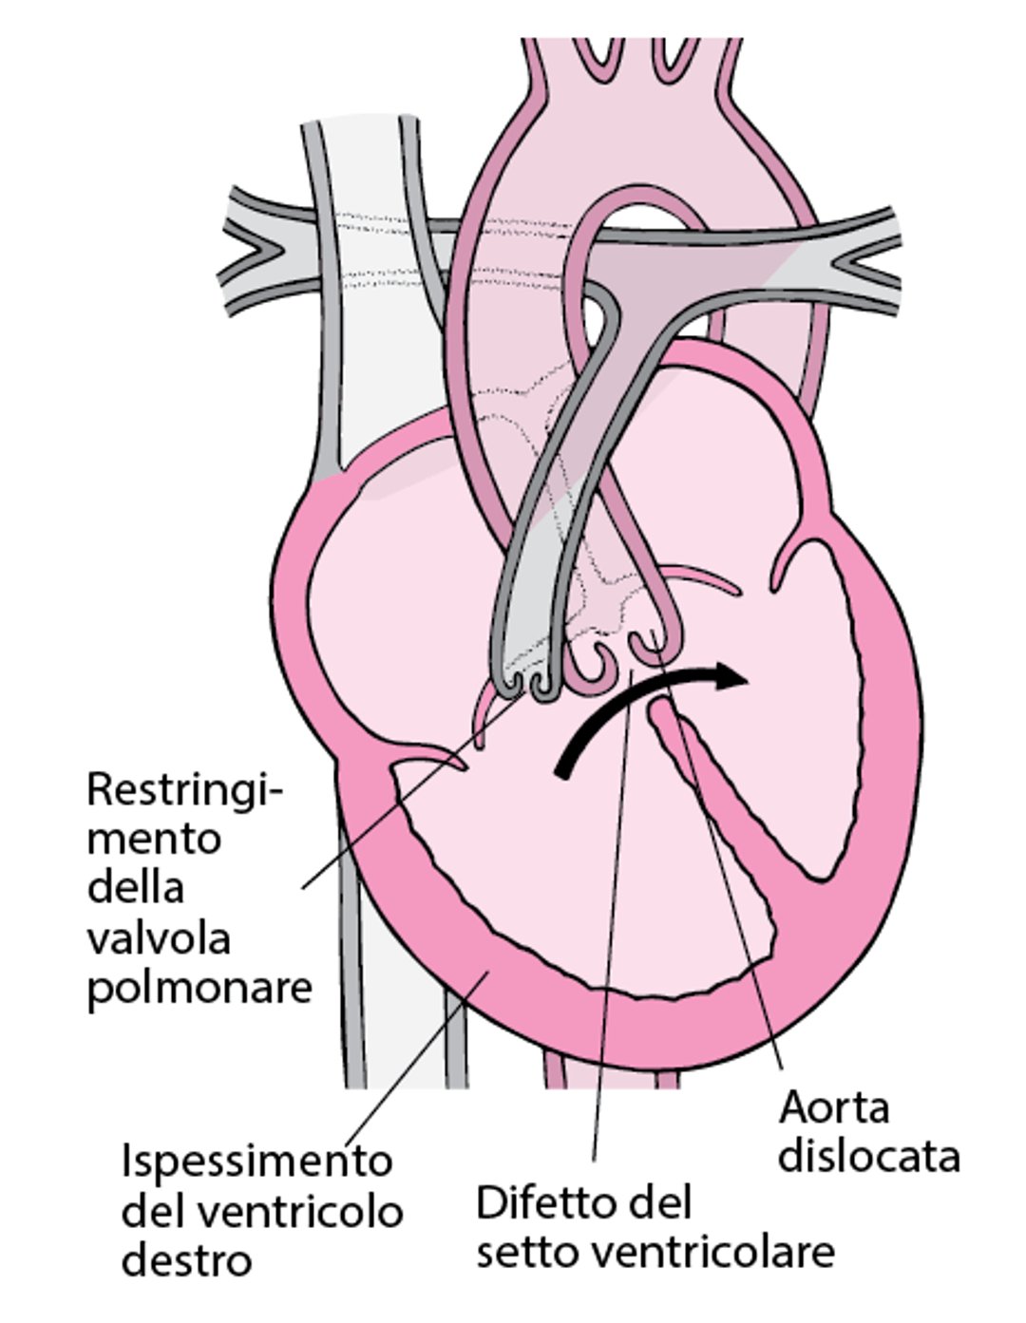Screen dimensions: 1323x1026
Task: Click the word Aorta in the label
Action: coord(833,1107)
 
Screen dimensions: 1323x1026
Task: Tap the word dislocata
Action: coord(868,1157)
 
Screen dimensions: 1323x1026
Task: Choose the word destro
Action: coord(186,1261)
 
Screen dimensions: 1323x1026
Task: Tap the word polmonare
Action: coord(199,988)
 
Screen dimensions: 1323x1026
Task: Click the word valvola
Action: coord(159,938)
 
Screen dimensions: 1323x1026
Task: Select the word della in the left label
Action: coord(135,888)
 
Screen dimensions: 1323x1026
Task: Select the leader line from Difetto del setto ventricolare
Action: coord(608,950)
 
